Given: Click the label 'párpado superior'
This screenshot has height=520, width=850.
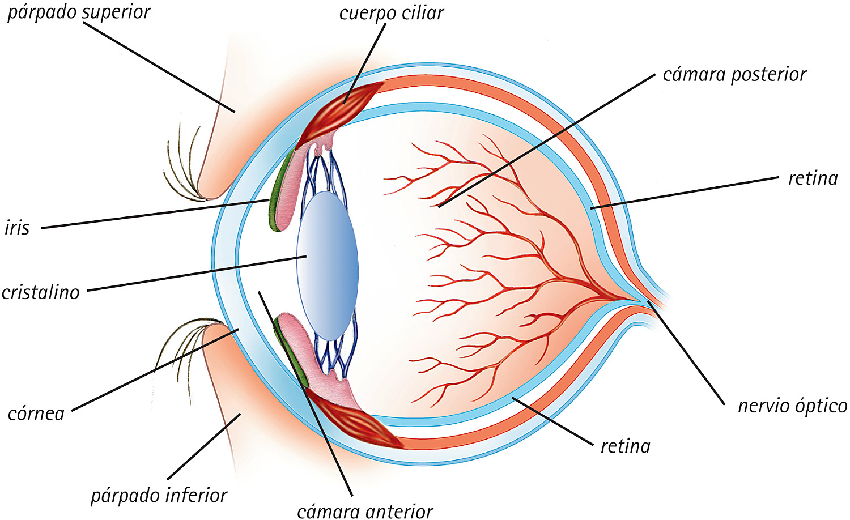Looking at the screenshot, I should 79,12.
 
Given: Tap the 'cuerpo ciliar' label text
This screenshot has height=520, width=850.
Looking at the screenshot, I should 391,13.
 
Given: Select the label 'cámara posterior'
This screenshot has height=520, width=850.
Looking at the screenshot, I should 734,75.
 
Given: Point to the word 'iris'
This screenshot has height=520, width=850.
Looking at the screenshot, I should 17,228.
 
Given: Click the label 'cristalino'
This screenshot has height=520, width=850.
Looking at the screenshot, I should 41,292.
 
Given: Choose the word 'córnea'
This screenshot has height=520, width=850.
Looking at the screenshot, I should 36,414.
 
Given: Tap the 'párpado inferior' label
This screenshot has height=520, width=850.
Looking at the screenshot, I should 159,496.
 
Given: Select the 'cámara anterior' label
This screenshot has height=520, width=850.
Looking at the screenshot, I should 365,511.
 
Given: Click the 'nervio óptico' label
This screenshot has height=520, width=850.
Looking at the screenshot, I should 792,406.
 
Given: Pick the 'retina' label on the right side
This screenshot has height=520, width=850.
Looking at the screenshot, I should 813,178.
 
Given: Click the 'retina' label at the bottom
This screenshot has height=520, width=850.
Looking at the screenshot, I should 625,446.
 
